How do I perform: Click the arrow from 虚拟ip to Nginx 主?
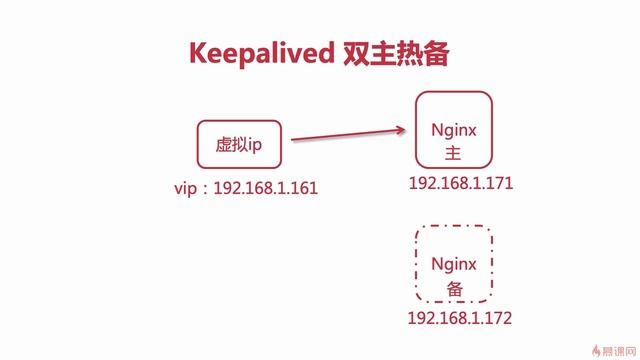(x=350, y=136)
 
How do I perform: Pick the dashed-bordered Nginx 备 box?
(x=454, y=265)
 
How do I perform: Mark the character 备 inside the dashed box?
(x=454, y=287)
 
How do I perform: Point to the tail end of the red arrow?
(x=293, y=142)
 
